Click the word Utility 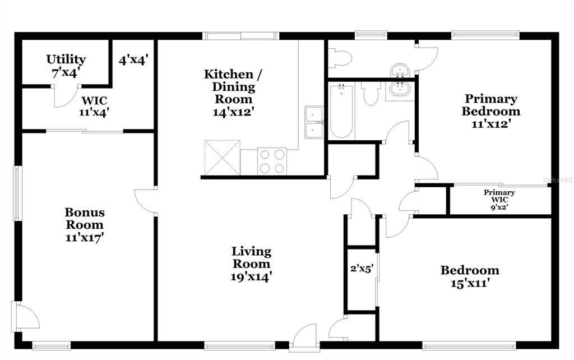[66, 59]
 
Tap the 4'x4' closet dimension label [133, 60]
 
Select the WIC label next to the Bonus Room [94, 100]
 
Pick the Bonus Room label [85, 219]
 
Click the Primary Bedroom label [490, 105]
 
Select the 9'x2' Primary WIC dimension [499, 206]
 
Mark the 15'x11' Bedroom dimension [470, 283]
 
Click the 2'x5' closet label [362, 268]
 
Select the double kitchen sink [313, 122]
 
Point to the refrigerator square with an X [222, 158]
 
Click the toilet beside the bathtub [371, 93]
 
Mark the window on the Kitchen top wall [240, 36]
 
